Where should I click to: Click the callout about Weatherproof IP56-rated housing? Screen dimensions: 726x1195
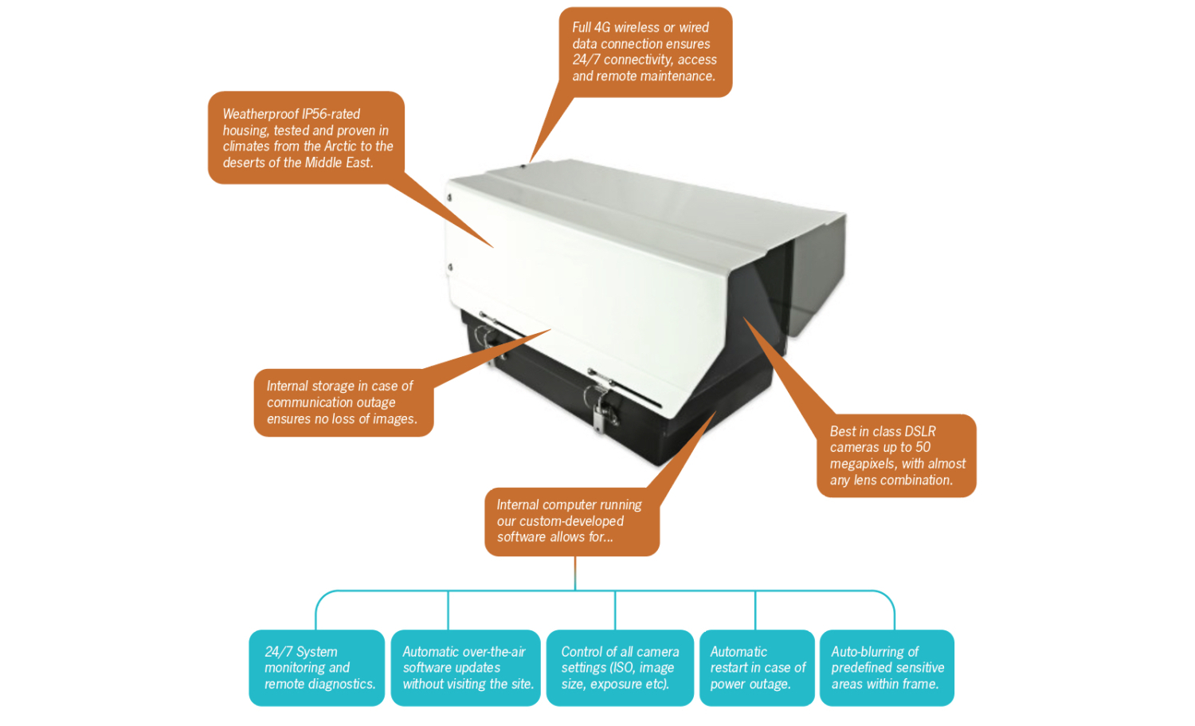(307, 138)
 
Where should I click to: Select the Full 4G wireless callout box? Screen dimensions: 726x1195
(645, 53)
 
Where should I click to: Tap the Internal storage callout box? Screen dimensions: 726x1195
(343, 402)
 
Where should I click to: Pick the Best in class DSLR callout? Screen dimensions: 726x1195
(896, 456)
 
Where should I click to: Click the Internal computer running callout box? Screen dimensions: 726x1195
(571, 521)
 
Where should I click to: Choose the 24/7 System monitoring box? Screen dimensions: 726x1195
(317, 668)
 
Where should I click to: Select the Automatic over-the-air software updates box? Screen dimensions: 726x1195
(466, 668)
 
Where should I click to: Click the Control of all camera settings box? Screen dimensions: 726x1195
(620, 668)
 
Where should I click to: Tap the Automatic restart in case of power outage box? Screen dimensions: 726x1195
(757, 668)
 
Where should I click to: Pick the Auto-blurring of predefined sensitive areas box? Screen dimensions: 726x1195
(887, 668)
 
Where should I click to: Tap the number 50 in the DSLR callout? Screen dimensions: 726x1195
(923, 448)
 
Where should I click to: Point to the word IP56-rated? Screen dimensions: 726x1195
(331, 114)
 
